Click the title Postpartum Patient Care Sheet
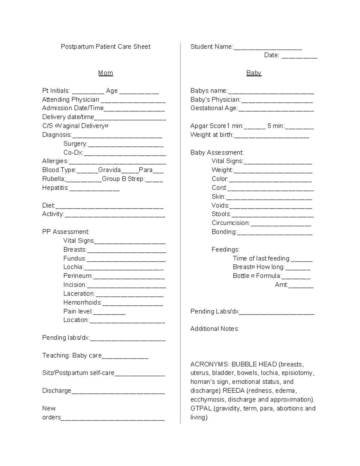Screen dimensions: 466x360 click(106, 47)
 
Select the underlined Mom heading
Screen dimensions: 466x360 click(106, 73)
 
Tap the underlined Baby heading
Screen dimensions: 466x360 click(254, 73)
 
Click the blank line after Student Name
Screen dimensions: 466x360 click(268, 47)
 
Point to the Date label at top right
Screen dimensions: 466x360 click(271, 55)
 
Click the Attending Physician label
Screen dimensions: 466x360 click(70, 100)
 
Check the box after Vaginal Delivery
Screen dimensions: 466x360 click(107, 126)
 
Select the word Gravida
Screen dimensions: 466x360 click(109, 170)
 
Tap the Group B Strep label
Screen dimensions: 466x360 click(123, 179)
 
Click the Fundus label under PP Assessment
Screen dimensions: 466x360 click(75, 258)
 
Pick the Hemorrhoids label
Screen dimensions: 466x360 click(82, 302)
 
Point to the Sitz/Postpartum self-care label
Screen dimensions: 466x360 click(78, 373)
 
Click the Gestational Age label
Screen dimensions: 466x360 click(214, 108)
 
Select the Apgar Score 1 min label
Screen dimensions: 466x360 click(217, 126)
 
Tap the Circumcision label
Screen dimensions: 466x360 click(231, 223)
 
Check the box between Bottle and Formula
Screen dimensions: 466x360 click(253, 276)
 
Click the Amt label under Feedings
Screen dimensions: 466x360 click(281, 285)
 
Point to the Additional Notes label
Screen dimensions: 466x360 click(214, 329)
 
